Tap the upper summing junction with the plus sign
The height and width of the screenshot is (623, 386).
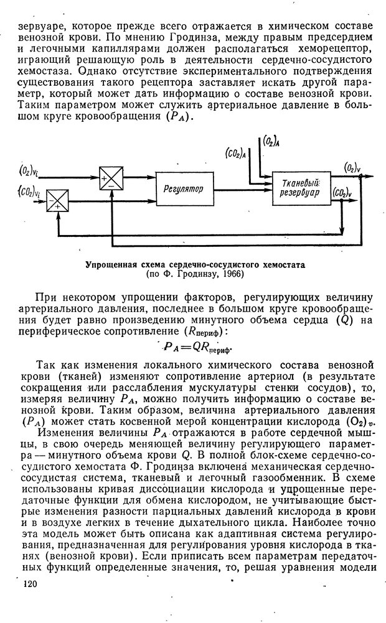click(x=111, y=178)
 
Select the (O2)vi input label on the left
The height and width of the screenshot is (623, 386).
click(x=27, y=170)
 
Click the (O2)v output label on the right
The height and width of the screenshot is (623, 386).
click(x=354, y=167)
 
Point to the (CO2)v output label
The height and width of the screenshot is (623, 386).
click(x=342, y=193)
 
